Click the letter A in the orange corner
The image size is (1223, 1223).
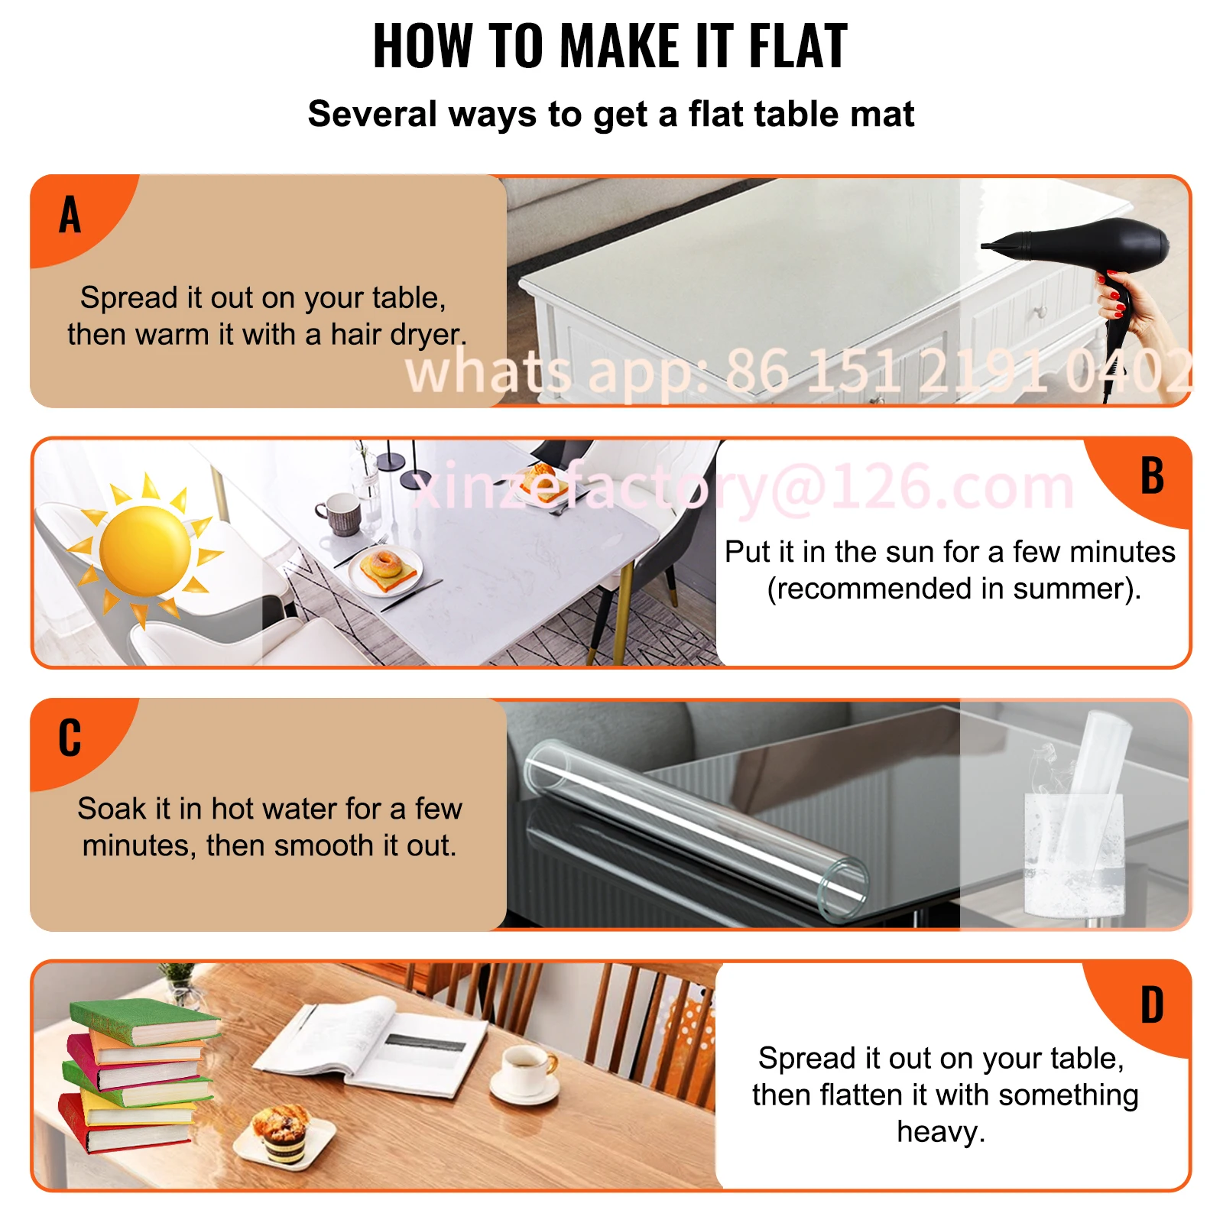click(x=70, y=215)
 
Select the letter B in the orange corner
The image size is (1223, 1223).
click(x=1152, y=476)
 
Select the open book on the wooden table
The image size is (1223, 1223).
click(x=371, y=1043)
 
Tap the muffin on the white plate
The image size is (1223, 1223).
click(x=281, y=1133)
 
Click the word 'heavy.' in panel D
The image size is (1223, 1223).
click(x=941, y=1132)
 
